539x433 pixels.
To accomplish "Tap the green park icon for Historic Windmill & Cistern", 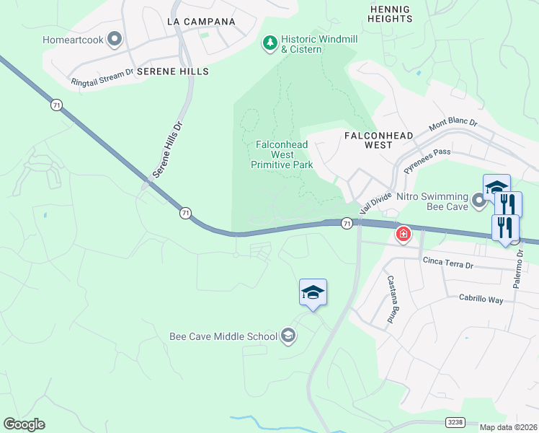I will [270, 44].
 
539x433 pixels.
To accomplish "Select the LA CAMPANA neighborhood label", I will [201, 22].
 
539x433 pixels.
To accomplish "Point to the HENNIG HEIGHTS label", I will [389, 14].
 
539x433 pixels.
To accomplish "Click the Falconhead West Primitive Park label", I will [282, 154].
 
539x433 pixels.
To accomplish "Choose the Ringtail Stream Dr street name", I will [102, 78].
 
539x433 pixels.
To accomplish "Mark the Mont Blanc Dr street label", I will [453, 125].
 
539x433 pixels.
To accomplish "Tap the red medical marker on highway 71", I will [403, 234].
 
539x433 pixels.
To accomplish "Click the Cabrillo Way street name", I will [481, 299].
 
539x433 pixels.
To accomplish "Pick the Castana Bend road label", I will [392, 299].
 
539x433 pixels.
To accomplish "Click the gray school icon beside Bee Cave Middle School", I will [288, 336].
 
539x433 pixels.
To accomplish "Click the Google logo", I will [24, 424].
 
